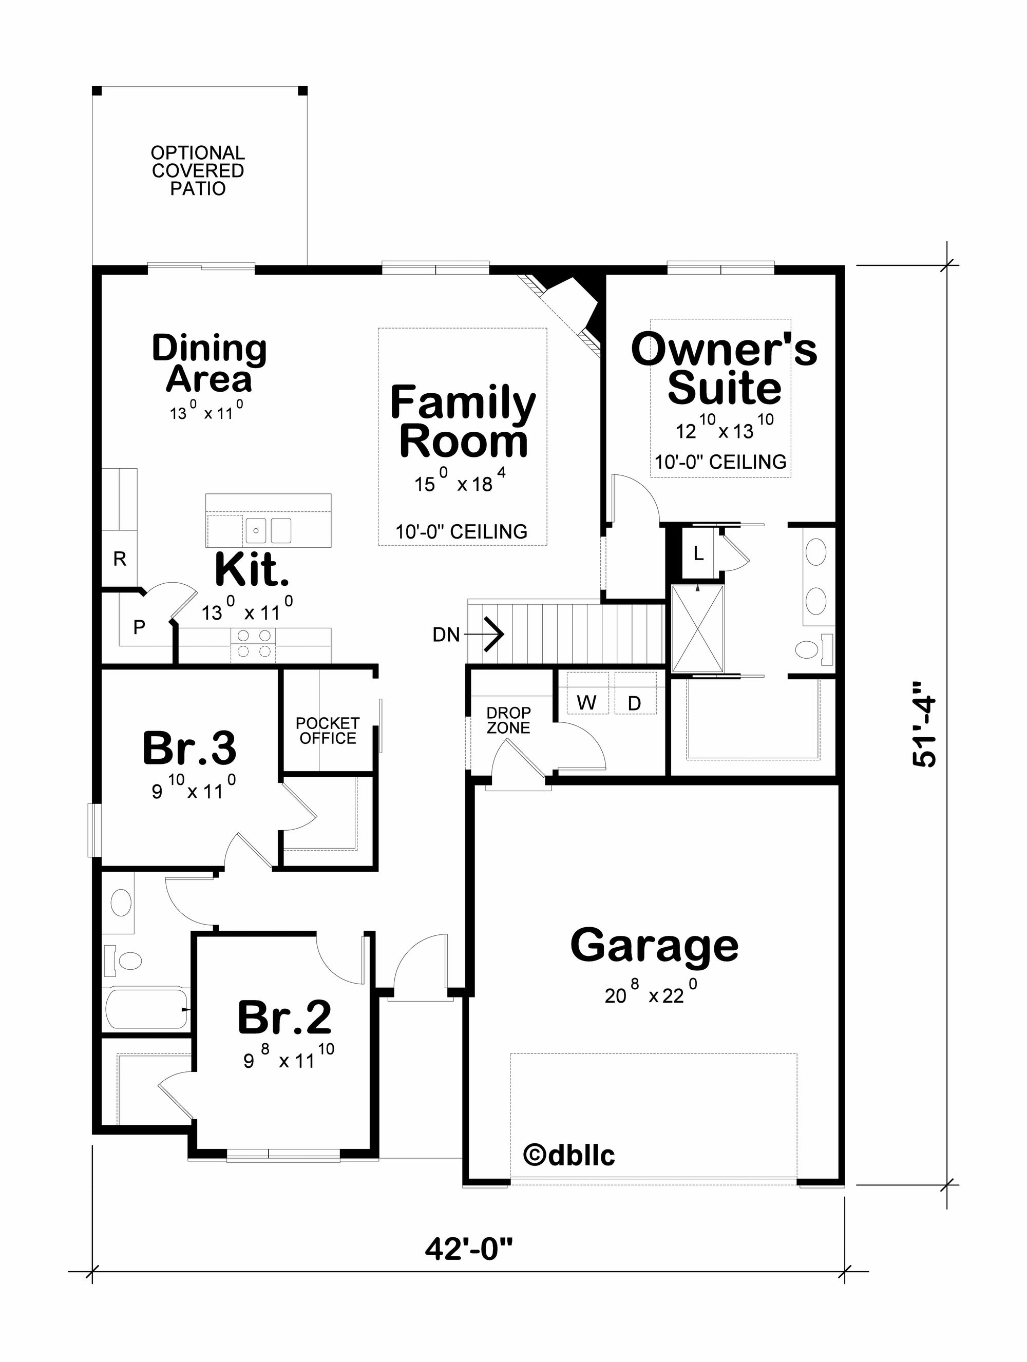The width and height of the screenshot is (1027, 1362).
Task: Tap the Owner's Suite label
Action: (x=724, y=368)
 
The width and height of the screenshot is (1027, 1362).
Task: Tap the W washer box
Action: (x=587, y=693)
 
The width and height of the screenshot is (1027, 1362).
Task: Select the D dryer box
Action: (x=635, y=693)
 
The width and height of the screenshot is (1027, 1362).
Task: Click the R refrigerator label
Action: (x=120, y=559)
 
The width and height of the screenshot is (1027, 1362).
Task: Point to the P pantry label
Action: (x=140, y=627)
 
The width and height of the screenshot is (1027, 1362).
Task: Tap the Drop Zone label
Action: (x=508, y=720)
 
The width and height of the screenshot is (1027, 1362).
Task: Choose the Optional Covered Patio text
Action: (x=198, y=170)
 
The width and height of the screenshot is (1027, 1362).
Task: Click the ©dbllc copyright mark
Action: (x=569, y=1155)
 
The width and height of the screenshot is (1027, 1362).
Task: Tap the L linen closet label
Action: (x=698, y=553)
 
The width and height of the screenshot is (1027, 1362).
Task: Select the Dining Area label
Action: (x=210, y=363)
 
